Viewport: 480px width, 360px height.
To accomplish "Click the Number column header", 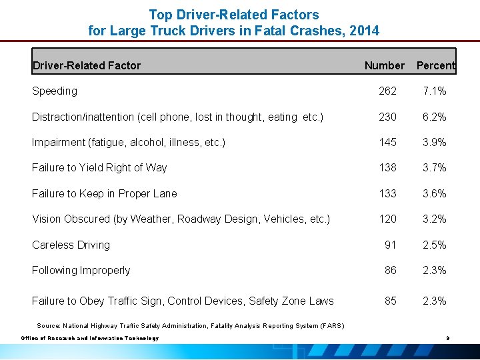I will tap(384, 65).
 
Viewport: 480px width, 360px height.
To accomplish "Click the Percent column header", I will tap(435, 65).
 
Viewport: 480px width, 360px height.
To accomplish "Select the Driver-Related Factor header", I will tap(87, 65).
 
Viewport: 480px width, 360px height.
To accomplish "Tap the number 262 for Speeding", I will tap(387, 91).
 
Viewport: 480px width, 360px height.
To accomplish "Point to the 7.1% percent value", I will tap(435, 91).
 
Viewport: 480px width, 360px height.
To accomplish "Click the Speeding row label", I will tap(55, 91).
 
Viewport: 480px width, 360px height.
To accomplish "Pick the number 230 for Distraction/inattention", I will tap(387, 117).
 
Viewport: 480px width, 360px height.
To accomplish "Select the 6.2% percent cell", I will tap(435, 117).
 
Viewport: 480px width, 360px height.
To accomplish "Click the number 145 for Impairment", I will tap(387, 142).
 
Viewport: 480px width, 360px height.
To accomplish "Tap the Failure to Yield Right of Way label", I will tap(99, 168).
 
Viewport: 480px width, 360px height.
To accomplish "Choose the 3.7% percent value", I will tap(435, 168).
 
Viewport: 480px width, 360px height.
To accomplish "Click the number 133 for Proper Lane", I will tap(387, 193).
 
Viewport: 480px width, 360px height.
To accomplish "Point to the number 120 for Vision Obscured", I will tap(387, 219).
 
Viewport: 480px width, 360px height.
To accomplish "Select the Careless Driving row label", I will tap(71, 245).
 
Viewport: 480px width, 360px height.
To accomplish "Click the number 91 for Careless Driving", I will tap(390, 245).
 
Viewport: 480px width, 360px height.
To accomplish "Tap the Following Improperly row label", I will tap(81, 270).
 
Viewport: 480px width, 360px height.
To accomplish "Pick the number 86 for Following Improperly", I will tap(390, 270).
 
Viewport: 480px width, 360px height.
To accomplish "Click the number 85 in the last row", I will tap(390, 301).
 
